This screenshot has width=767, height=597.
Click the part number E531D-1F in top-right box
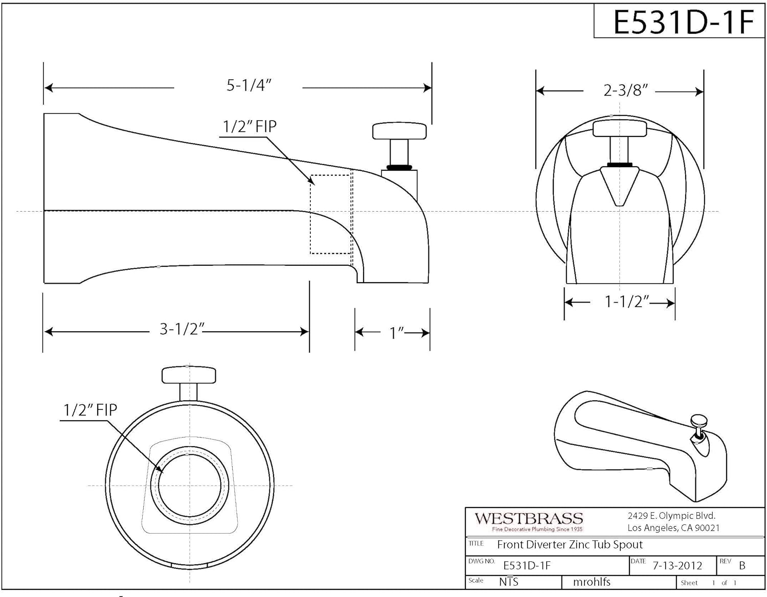pyautogui.click(x=683, y=22)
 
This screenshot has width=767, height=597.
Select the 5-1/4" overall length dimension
pyautogui.click(x=249, y=85)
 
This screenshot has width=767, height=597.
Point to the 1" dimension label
pyautogui.click(x=397, y=333)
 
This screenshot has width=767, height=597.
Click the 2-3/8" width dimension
pyautogui.click(x=625, y=90)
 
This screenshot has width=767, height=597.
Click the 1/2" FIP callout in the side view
pyautogui.click(x=250, y=126)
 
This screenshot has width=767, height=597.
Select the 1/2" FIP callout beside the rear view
pyautogui.click(x=90, y=409)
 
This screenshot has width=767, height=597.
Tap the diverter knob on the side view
pyautogui.click(x=399, y=131)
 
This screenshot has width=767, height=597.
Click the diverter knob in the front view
pyautogui.click(x=619, y=128)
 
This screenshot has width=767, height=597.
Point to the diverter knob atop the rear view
pyautogui.click(x=189, y=375)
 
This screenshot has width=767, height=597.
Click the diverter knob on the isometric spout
pyautogui.click(x=698, y=422)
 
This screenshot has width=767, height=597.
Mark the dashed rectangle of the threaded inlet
pyautogui.click(x=330, y=214)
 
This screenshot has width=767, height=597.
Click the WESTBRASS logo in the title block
pyautogui.click(x=529, y=519)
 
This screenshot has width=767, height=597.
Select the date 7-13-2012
pyautogui.click(x=678, y=565)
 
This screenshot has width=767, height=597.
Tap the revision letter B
pyautogui.click(x=742, y=566)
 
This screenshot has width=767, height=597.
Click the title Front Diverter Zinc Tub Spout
pyautogui.click(x=570, y=545)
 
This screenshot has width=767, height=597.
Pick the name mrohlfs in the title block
pyautogui.click(x=592, y=582)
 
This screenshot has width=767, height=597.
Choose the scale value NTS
pyautogui.click(x=508, y=582)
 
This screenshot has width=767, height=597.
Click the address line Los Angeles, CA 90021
pyautogui.click(x=673, y=528)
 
